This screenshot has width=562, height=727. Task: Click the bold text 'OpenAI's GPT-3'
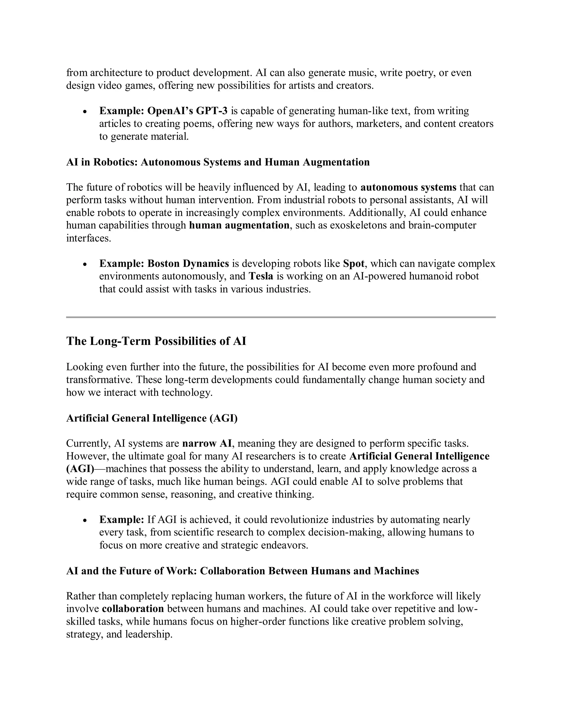click(187, 111)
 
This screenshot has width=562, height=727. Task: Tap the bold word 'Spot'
click(353, 263)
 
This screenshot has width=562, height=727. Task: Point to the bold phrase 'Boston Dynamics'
click(188, 263)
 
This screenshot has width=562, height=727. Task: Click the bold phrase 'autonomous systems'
click(409, 187)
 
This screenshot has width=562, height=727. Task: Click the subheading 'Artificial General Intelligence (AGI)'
click(152, 418)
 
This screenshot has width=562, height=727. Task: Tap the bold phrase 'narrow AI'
click(207, 443)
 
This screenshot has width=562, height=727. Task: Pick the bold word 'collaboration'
click(133, 609)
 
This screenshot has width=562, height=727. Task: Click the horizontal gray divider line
click(281, 317)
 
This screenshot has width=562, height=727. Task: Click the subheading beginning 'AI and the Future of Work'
click(242, 571)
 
